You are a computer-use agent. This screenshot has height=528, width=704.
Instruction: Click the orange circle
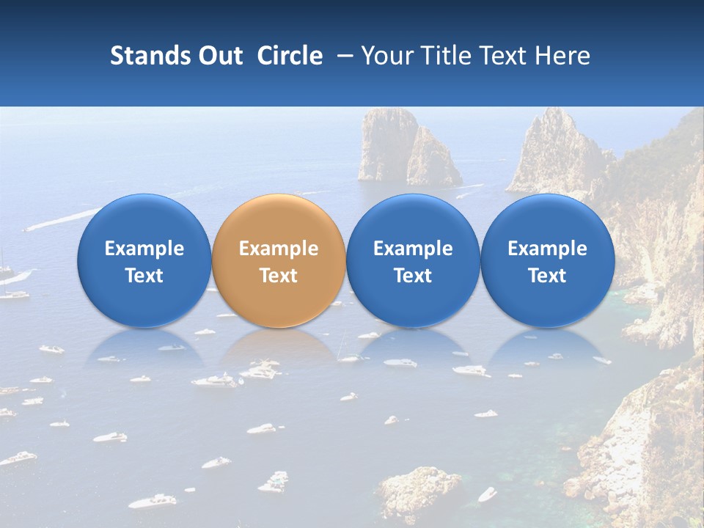(279, 260)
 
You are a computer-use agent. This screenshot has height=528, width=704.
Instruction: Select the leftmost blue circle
(144, 260)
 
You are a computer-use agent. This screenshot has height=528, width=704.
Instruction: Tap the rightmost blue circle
(547, 260)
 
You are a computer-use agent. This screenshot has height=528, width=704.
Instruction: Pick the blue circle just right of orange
(413, 260)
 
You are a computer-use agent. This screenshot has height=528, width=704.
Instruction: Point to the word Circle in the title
(290, 56)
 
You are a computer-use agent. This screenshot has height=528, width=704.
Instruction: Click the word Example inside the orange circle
(279, 249)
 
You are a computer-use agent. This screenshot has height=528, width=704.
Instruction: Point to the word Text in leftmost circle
(144, 276)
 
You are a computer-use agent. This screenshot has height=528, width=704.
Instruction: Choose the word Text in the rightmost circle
(547, 276)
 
